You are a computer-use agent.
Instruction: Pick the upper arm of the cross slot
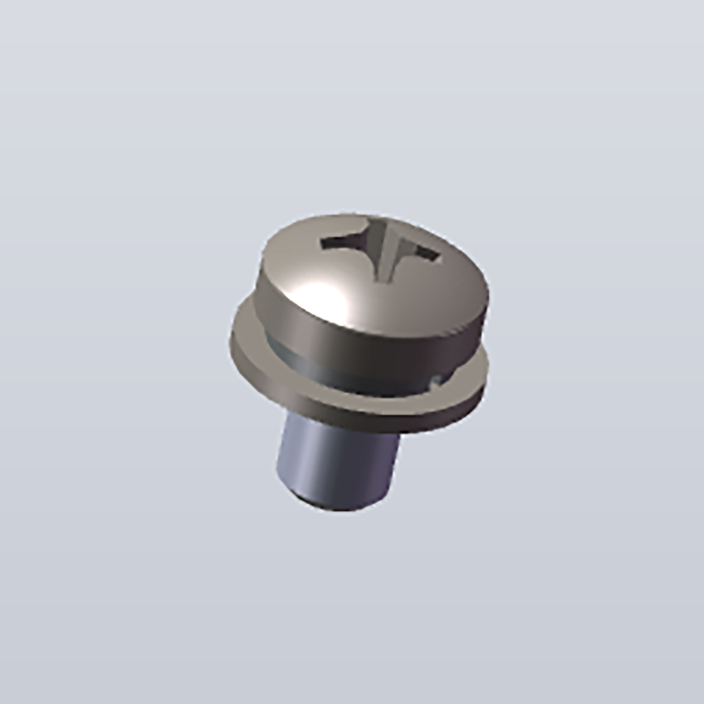click(381, 227)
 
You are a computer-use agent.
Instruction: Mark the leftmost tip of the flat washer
click(231, 341)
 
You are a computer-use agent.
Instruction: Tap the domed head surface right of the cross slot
click(451, 282)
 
